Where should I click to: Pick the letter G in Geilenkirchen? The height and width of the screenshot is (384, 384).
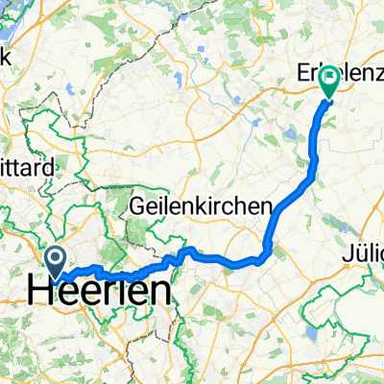(x=137, y=205)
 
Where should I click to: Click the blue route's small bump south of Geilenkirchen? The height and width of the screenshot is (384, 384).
(x=188, y=252)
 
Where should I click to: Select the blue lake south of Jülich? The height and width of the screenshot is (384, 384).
(x=313, y=336)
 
